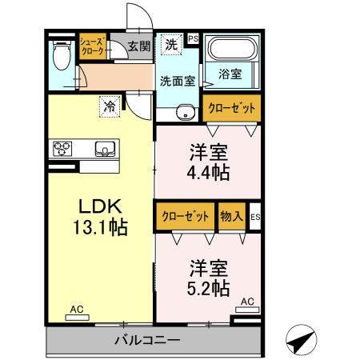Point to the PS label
[x=193, y=38]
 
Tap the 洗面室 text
[x=177, y=80]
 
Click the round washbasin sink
[x=186, y=112]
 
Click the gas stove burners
[x=64, y=147]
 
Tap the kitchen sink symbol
[x=105, y=147]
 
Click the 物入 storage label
[x=231, y=216]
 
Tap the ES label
[x=255, y=217]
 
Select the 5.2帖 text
[x=210, y=286]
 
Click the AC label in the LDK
[x=76, y=309]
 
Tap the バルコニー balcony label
[x=146, y=340]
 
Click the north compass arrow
[x=299, y=342]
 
